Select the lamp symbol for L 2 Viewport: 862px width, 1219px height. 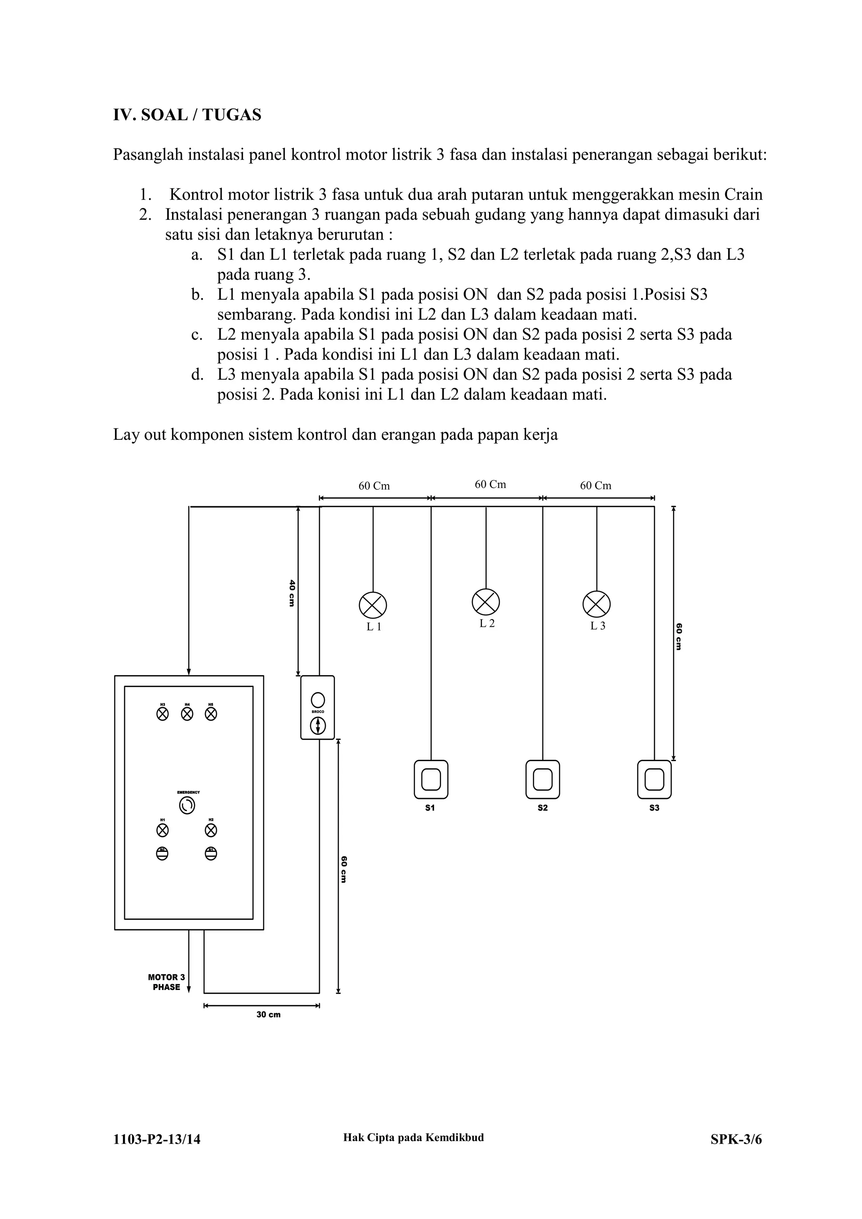pos(486,602)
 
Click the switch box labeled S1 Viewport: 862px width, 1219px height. pos(431,780)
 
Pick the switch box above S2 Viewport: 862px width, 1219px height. pos(543,780)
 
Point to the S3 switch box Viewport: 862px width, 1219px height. pos(654,780)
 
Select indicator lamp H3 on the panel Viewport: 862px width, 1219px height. pos(162,714)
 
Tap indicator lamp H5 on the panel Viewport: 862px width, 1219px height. pos(211,714)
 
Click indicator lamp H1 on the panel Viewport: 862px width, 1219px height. pos(162,830)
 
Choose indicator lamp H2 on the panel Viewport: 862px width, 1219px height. pos(211,830)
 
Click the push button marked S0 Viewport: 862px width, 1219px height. pos(162,853)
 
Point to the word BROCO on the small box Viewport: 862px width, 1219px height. pos(317,711)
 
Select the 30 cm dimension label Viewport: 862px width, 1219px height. pos(268,1014)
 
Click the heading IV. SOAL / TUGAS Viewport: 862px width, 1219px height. pos(187,115)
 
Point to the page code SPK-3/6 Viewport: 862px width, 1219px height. pos(736,1139)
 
